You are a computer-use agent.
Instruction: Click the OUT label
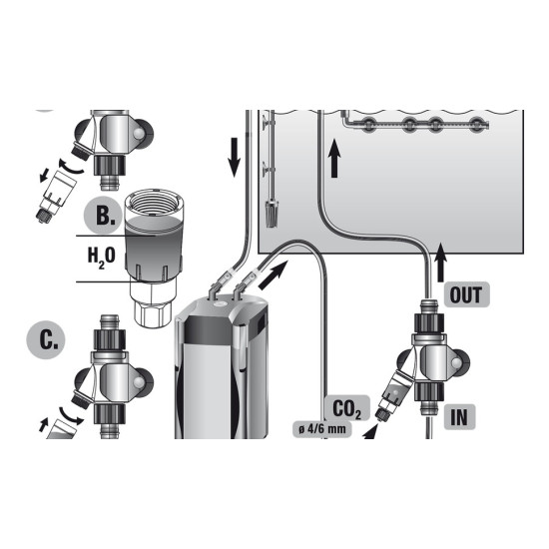click(466, 294)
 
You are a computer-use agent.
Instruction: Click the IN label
click(459, 416)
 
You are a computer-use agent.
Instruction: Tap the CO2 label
click(346, 408)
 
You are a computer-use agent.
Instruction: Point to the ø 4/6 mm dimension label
click(321, 429)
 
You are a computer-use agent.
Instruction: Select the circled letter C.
click(46, 340)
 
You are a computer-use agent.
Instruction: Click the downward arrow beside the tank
click(234, 157)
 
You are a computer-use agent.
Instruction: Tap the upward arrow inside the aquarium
click(334, 158)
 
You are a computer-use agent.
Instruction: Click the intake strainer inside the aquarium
click(270, 214)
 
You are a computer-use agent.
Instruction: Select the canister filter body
click(222, 367)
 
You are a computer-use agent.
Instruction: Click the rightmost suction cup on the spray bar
click(476, 124)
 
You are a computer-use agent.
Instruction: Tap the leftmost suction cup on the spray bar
click(367, 124)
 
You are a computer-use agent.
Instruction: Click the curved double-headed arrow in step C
click(71, 416)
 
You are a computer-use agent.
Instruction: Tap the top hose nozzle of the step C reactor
click(110, 322)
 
